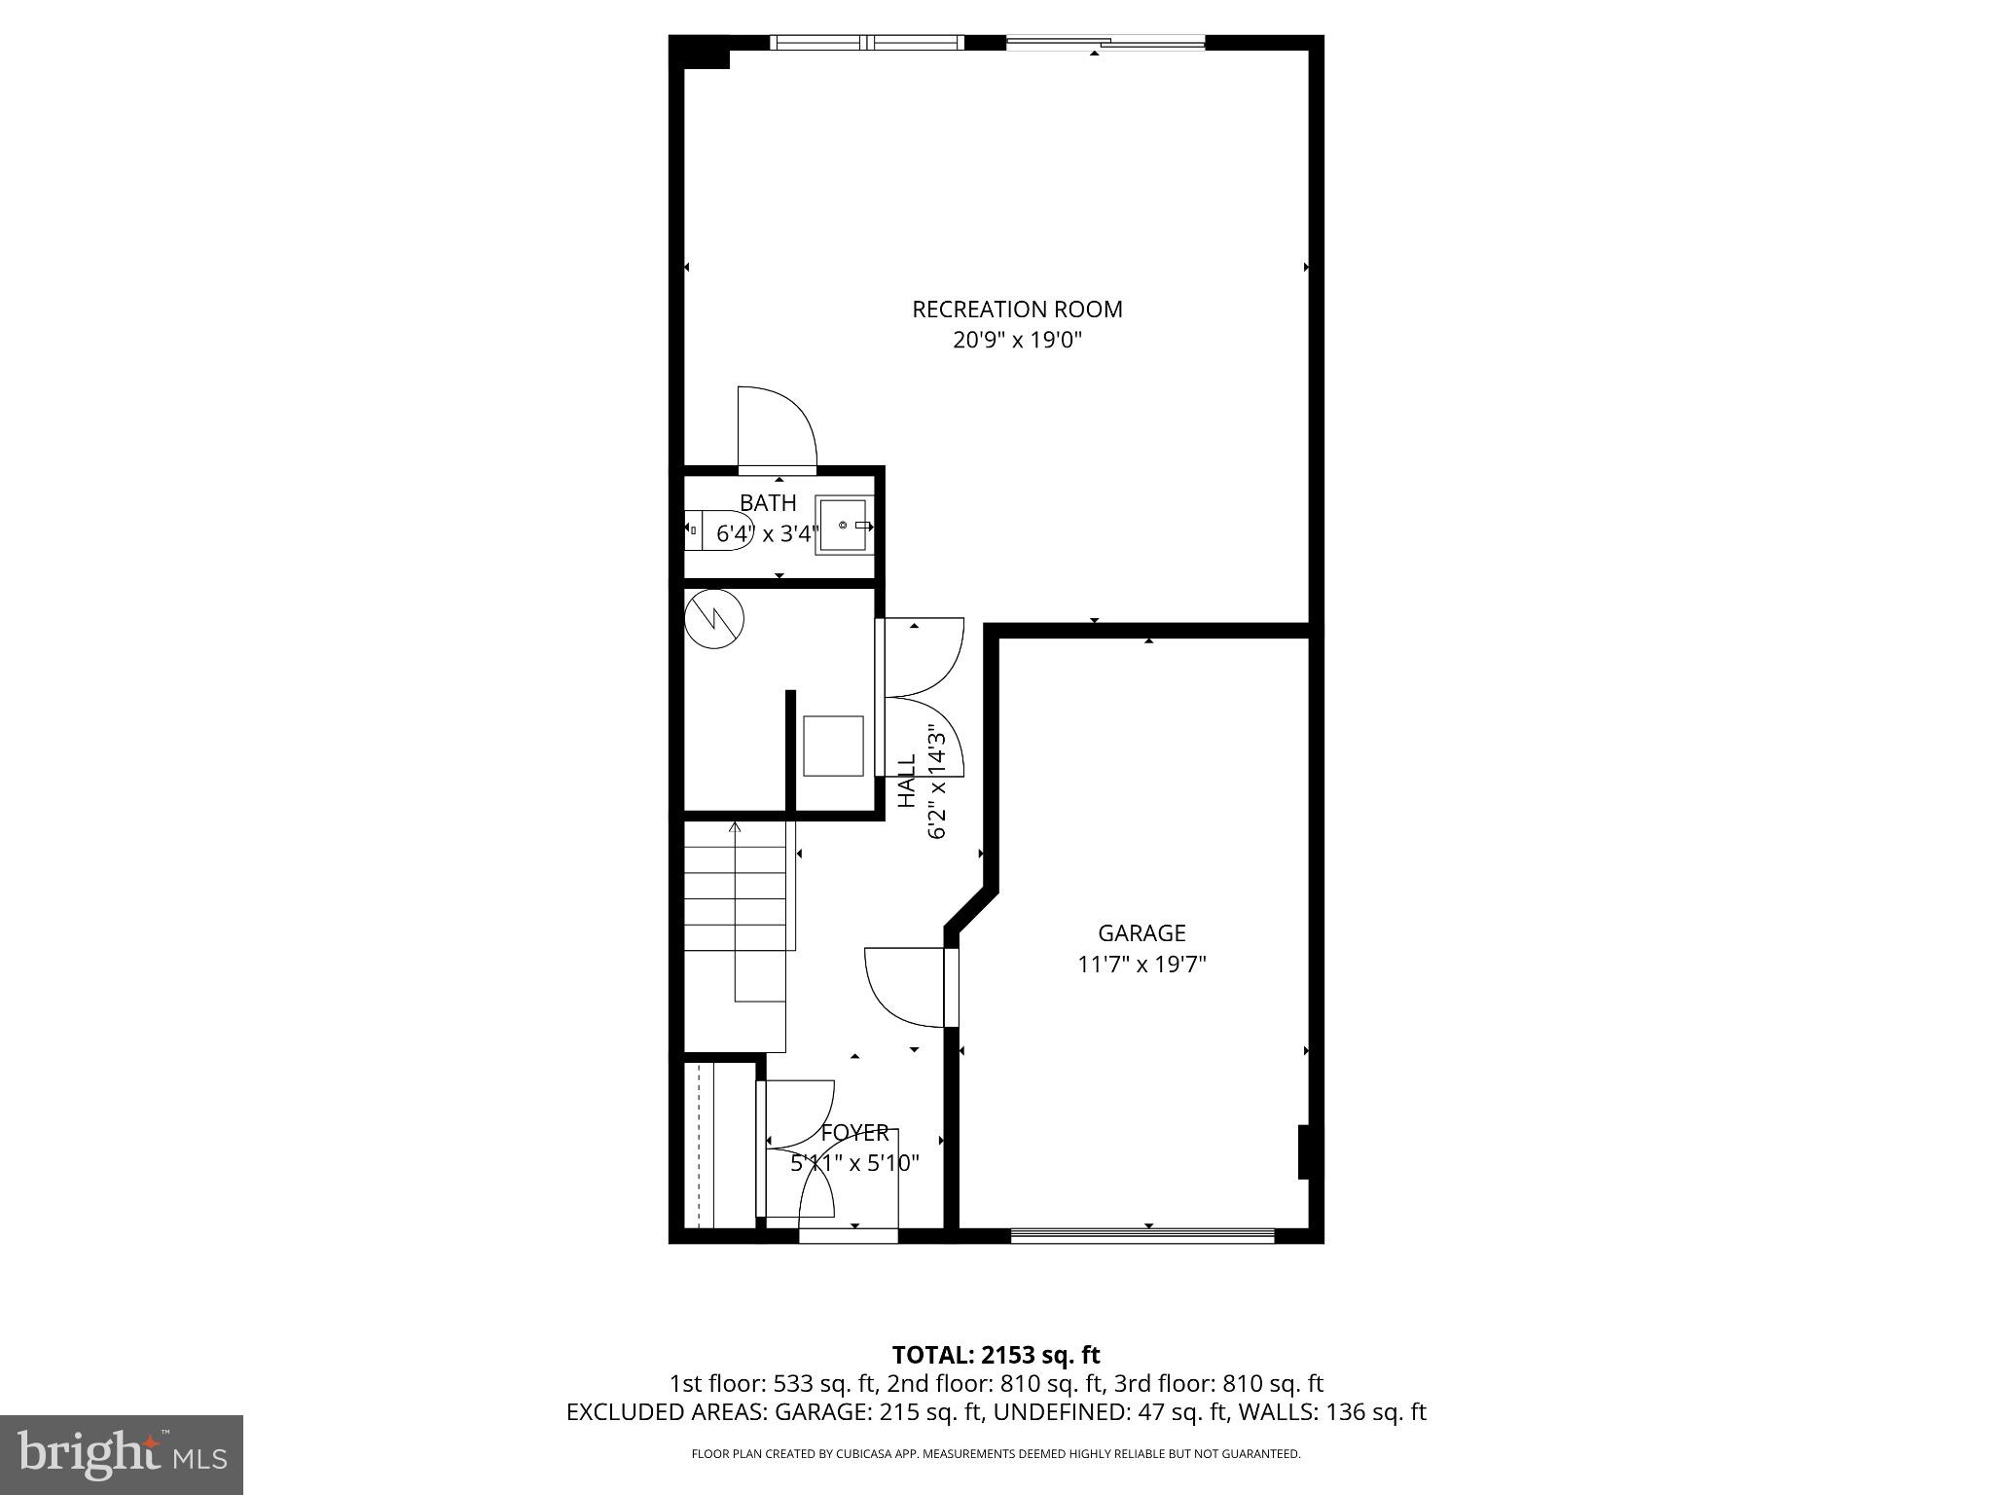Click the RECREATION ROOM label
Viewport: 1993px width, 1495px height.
coord(1017,310)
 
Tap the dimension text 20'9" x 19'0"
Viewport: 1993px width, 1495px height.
coord(1017,341)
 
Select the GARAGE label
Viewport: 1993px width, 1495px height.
coord(1141,933)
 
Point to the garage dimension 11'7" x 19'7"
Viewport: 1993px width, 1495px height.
coord(1141,965)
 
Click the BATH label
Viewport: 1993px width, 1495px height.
coord(768,503)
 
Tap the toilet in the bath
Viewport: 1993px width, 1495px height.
coord(716,530)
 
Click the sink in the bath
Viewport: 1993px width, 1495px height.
coord(844,526)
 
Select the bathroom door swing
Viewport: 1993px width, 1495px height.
coord(776,428)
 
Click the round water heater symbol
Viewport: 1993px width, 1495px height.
coord(713,618)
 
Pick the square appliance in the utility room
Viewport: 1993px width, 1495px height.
coord(833,747)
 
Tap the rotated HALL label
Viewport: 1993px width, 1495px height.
coord(906,781)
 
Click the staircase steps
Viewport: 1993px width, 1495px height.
coord(735,900)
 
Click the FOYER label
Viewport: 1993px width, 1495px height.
coord(854,1133)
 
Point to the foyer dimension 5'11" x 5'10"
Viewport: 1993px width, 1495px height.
coord(854,1163)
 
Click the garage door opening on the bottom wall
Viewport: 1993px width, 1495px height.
coord(1141,1235)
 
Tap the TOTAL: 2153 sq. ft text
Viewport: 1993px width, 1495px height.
coord(996,1355)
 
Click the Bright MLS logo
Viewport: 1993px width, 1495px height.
coord(122,1455)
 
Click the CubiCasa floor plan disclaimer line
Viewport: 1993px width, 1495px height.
coord(996,1454)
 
